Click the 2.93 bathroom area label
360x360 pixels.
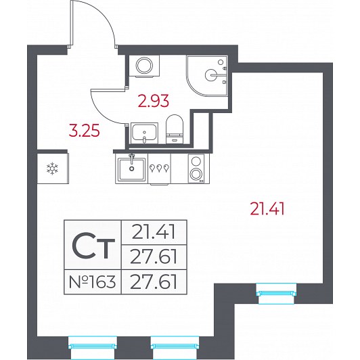tap(154, 101)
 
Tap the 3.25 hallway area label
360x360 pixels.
tap(85, 131)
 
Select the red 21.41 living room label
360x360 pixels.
tap(267, 208)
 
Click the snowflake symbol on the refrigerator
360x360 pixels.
tap(52, 168)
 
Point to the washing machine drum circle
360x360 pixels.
tap(144, 66)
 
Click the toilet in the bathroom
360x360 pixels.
tap(175, 129)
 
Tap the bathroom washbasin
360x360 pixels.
tap(144, 133)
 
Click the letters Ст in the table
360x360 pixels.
tap(93, 246)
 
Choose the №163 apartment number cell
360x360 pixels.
tap(92, 282)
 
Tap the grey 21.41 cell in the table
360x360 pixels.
tap(154, 232)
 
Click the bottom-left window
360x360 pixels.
tap(93, 346)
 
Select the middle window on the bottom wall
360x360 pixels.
tap(175, 346)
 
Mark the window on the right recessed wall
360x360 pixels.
tap(276, 294)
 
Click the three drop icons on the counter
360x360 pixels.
tap(159, 168)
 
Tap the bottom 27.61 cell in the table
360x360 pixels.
tap(154, 282)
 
